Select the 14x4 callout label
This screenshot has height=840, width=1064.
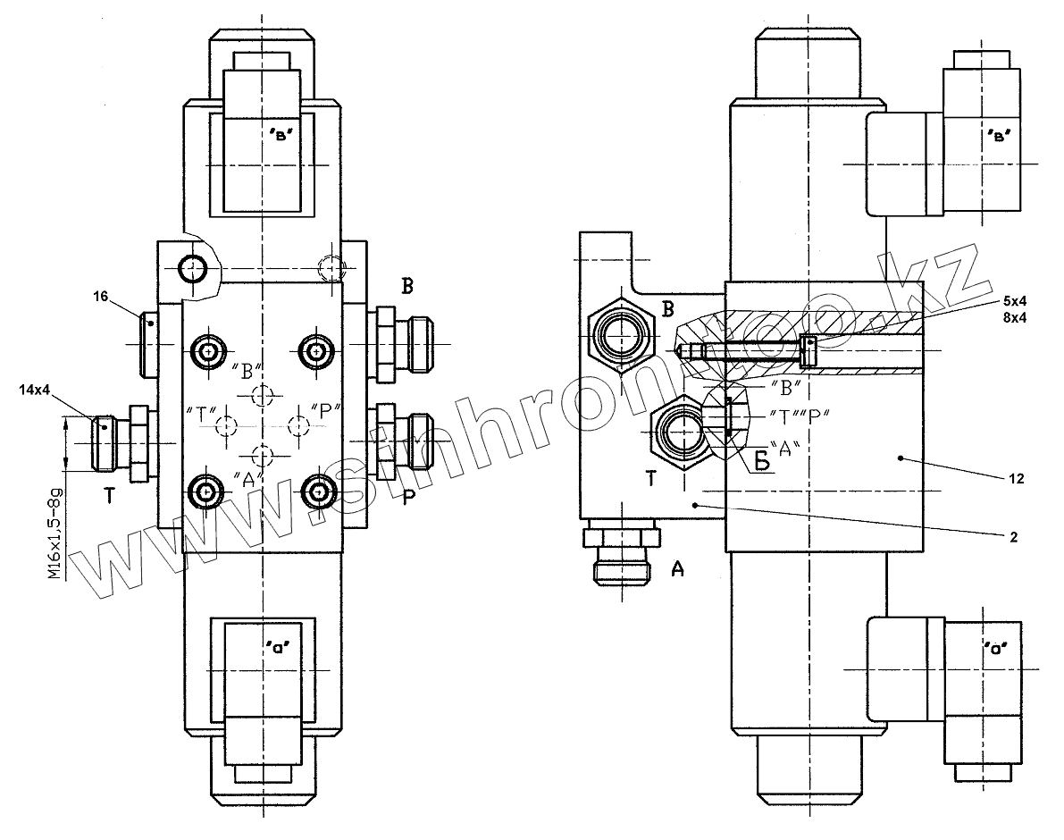(x=33, y=391)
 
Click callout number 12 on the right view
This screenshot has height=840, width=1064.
(x=1015, y=479)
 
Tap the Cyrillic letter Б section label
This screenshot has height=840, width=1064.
(x=761, y=462)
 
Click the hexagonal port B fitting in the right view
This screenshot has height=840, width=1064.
(x=621, y=339)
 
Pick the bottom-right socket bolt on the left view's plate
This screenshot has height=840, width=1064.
(x=316, y=490)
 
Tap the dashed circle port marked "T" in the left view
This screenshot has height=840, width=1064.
(x=227, y=425)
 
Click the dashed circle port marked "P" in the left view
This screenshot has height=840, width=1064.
(x=297, y=424)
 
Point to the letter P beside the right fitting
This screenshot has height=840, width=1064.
(x=406, y=496)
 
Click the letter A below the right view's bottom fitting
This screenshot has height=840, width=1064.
(x=677, y=568)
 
